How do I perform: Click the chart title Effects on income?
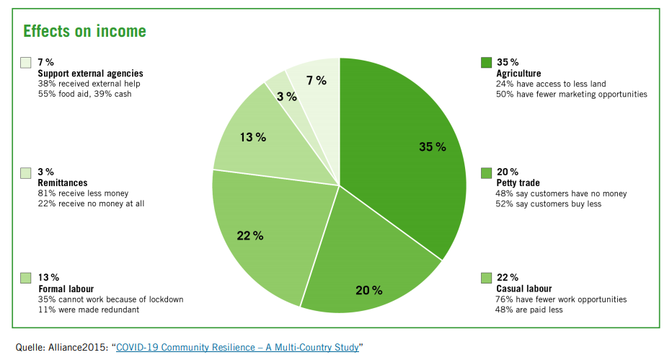point(84,31)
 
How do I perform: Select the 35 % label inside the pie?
point(433,147)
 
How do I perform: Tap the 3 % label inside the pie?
point(287,97)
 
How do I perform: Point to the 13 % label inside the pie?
point(253,137)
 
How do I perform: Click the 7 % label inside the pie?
point(317,81)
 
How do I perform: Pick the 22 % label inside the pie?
point(250,236)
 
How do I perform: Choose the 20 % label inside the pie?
point(369,291)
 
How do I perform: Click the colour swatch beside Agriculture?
point(486,63)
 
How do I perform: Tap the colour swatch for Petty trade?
point(486,172)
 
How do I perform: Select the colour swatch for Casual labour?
point(486,278)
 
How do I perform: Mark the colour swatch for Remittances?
point(26,172)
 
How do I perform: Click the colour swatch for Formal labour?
point(26,278)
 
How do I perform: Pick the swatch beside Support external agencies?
point(26,63)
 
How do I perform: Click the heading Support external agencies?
point(90,74)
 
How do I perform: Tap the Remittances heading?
point(63,183)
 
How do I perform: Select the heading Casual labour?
point(523,289)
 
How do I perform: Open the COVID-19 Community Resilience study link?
point(237,347)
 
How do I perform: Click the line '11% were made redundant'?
point(89,309)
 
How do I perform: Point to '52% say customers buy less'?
point(549,204)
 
